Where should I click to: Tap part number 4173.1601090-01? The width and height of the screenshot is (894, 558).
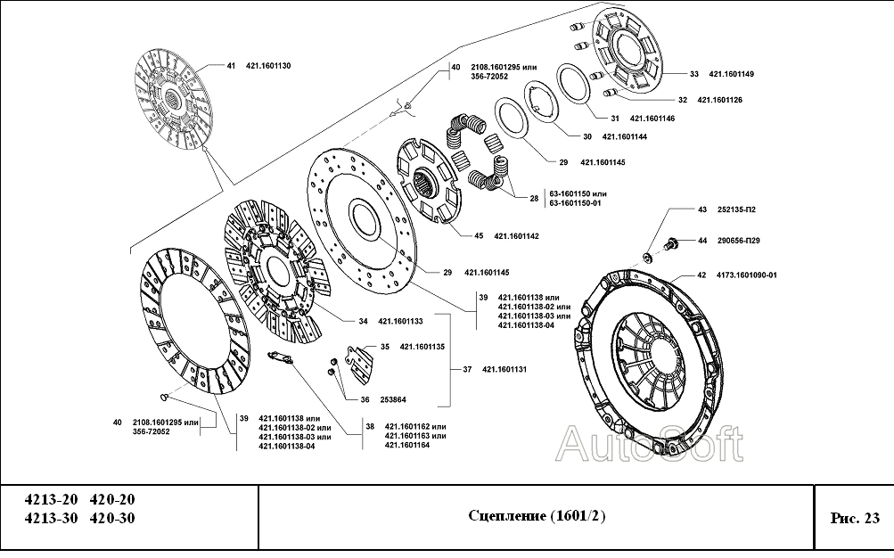(x=749, y=275)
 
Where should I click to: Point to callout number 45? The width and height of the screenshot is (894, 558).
(x=479, y=235)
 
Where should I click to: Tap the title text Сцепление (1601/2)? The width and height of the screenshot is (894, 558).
(x=536, y=516)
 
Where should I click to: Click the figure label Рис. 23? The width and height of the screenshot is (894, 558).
(x=854, y=517)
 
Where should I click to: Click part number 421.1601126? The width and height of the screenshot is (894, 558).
(x=719, y=99)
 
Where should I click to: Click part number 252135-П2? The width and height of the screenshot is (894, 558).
(x=736, y=209)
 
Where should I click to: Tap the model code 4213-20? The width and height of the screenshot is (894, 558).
(x=51, y=500)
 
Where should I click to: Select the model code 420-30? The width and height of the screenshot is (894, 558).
(x=113, y=519)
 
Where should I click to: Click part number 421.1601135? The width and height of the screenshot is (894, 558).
(x=422, y=347)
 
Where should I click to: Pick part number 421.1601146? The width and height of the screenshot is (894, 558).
(x=652, y=118)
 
